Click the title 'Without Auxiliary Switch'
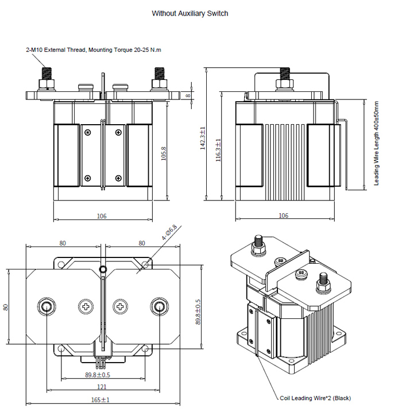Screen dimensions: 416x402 pos(190,13)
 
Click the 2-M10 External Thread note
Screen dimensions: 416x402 pos(94,50)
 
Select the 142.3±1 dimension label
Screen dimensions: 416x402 pos(202,138)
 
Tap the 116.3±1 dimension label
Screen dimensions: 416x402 pos(218,150)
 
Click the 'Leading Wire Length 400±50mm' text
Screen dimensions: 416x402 pos(377,144)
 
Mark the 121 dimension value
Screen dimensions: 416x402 pos(102,387)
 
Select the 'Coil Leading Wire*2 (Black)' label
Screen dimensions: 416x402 pos(315,398)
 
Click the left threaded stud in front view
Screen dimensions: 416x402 pos(45,75)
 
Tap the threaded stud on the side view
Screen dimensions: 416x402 pos(283,75)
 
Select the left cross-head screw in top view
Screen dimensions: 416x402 pos(86,306)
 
